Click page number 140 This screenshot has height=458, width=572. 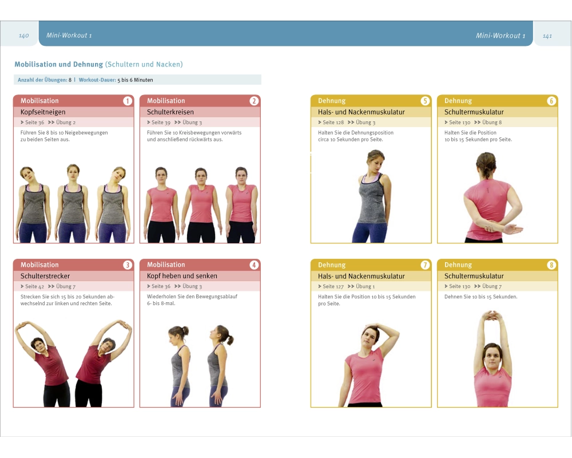click(23, 36)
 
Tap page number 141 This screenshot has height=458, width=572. click(547, 36)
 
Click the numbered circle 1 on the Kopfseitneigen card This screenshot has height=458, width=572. click(128, 101)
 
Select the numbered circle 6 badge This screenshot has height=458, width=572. click(551, 101)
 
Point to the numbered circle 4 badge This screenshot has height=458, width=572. click(254, 265)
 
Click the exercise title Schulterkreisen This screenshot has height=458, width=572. click(170, 112)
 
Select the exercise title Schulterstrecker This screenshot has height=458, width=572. click(45, 276)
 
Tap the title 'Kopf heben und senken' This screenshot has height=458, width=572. click(182, 276)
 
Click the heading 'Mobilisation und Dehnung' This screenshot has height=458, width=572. click(59, 64)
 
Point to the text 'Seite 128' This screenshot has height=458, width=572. click(333, 123)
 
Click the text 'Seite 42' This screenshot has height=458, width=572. click(34, 286)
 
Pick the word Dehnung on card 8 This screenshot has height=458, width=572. click(458, 265)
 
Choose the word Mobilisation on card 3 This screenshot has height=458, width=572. click(39, 265)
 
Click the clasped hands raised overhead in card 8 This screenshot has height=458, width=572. click(492, 315)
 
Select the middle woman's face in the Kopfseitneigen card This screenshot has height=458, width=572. click(73, 173)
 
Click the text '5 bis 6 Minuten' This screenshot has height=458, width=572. click(135, 80)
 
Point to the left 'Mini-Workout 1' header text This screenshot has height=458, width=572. click(69, 35)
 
